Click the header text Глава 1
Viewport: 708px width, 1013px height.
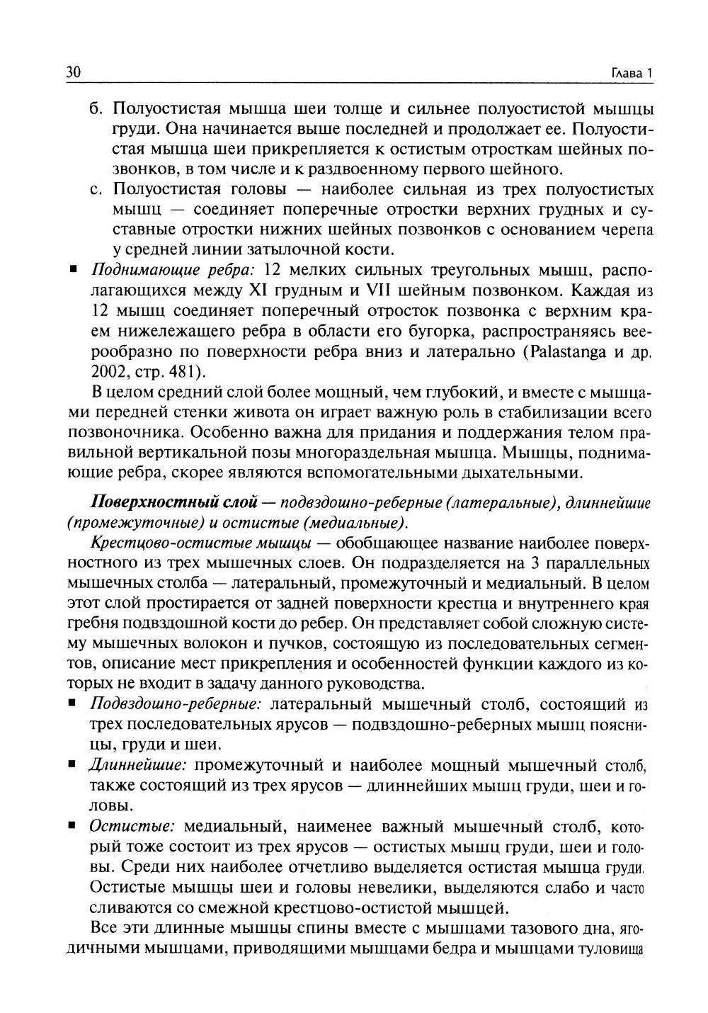tap(630, 74)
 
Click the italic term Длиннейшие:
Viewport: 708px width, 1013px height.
tap(137, 766)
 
